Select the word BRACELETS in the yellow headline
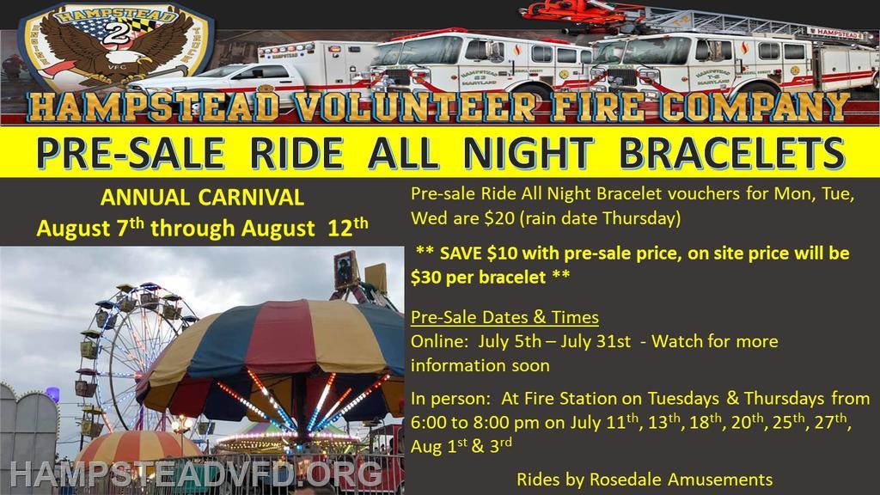pos(732,152)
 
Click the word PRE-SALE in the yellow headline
pos(131,152)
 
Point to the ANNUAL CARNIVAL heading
pos(202,198)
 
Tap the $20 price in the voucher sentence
pos(499,217)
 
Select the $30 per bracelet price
pos(478,277)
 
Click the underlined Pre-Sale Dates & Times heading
pos(504,317)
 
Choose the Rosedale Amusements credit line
pos(645,480)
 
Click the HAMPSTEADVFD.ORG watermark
pos(197,475)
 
